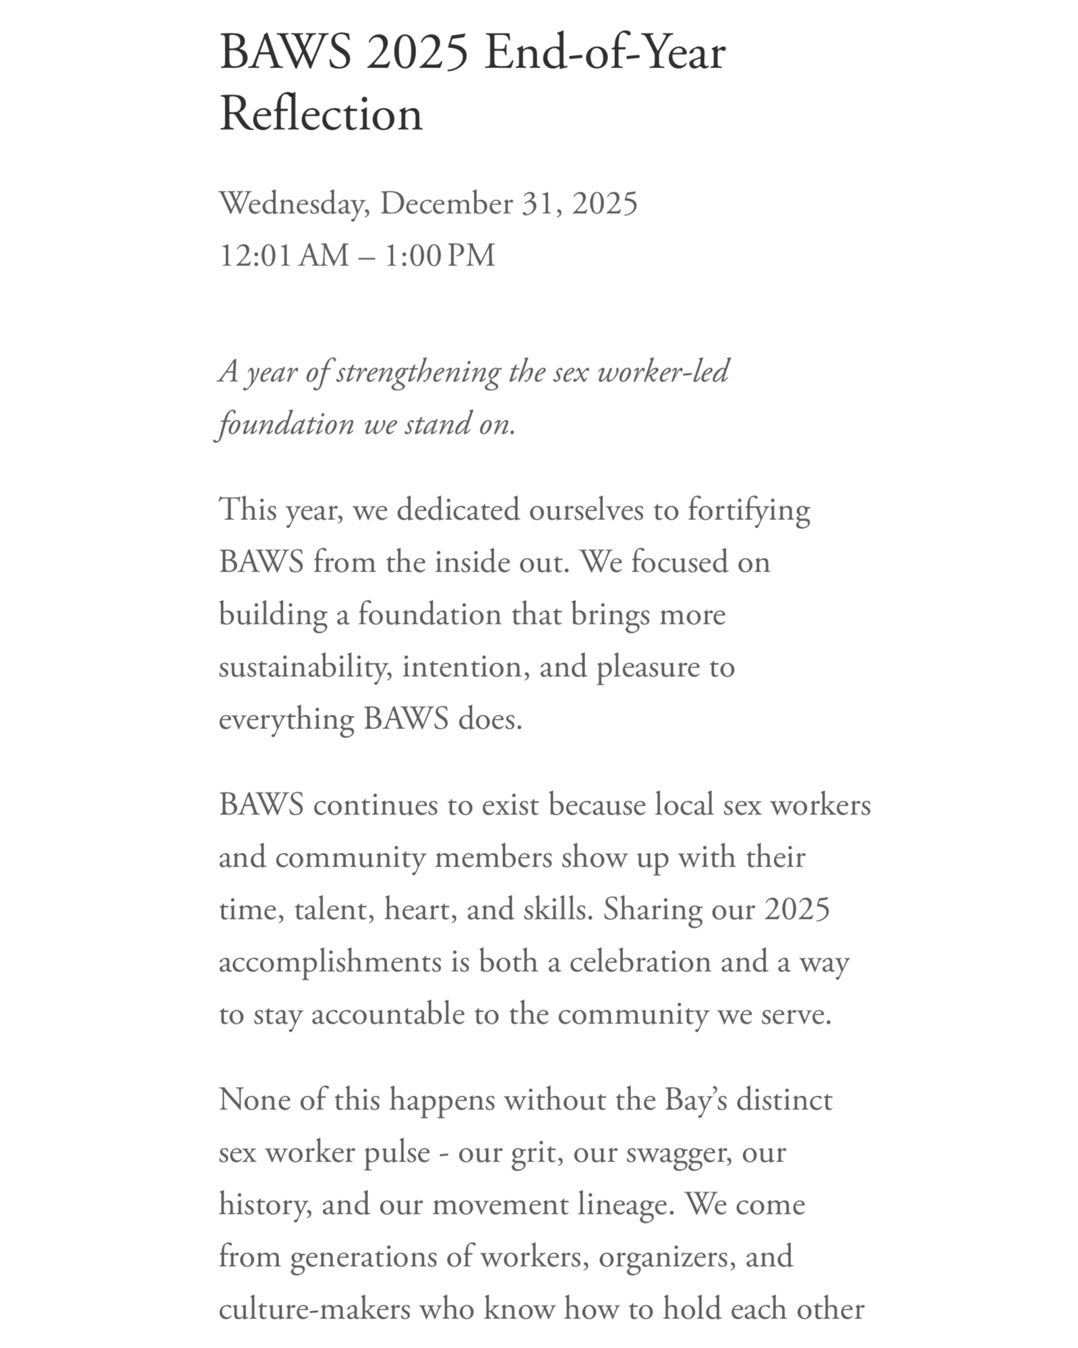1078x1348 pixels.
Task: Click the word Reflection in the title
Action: point(321,113)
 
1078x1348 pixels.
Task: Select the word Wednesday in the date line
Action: point(294,204)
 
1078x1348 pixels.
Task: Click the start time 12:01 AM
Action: point(284,256)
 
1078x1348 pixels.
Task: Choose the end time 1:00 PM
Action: point(440,256)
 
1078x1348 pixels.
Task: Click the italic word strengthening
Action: point(418,372)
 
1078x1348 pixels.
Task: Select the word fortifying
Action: point(748,510)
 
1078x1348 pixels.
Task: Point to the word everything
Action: point(287,720)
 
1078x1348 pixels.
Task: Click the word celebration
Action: point(640,962)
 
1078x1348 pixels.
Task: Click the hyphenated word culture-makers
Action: point(314,1310)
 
